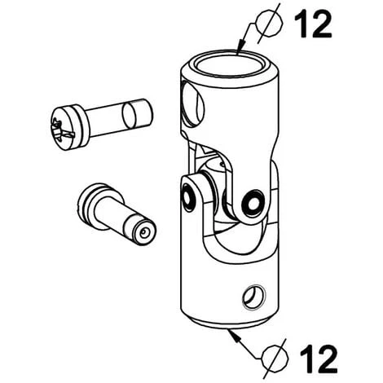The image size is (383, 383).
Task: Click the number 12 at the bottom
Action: tap(319, 359)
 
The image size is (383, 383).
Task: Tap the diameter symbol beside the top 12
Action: tap(269, 23)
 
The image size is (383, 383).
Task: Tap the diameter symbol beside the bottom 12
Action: tap(275, 359)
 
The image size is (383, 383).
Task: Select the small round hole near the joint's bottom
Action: tap(253, 297)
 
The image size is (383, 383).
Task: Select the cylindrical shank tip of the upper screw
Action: tap(138, 112)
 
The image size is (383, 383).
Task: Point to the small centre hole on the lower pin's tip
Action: tap(143, 232)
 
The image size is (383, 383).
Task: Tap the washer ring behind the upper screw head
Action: tap(81, 126)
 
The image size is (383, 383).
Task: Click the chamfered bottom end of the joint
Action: tap(230, 323)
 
